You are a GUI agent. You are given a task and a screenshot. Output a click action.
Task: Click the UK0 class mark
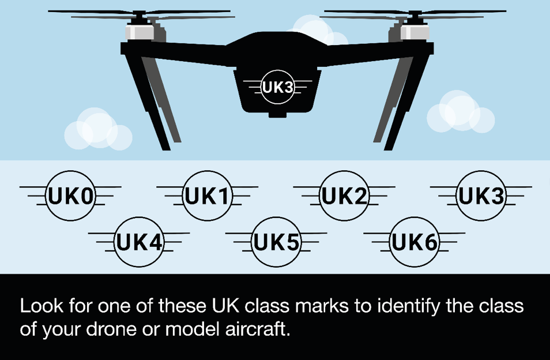pos(70,196)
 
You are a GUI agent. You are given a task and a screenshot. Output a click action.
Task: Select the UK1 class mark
pos(208,196)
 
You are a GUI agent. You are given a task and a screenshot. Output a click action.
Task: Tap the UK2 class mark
pos(344,196)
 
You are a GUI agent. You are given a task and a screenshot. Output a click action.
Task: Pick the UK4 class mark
pos(139,242)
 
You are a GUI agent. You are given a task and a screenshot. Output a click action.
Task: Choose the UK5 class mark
pos(276,242)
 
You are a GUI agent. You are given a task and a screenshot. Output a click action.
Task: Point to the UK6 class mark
pos(415,242)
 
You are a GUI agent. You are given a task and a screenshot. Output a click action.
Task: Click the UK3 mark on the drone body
pos(277,87)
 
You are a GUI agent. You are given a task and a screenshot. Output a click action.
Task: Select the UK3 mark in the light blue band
pos(481,196)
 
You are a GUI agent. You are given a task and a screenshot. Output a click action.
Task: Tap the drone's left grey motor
pos(140,32)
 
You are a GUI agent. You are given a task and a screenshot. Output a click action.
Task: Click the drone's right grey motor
pos(415,32)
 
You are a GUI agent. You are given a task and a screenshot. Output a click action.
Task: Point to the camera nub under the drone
pos(277,115)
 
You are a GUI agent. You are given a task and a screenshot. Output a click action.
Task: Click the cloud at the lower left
pos(98,129)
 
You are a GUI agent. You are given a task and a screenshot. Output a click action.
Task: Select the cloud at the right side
pos(461,111)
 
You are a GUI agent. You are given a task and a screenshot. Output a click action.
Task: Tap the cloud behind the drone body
pos(318,30)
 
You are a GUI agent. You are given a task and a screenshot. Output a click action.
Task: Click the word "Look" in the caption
pos(42,306)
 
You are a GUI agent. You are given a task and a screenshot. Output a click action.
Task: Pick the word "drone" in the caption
pos(111,329)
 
